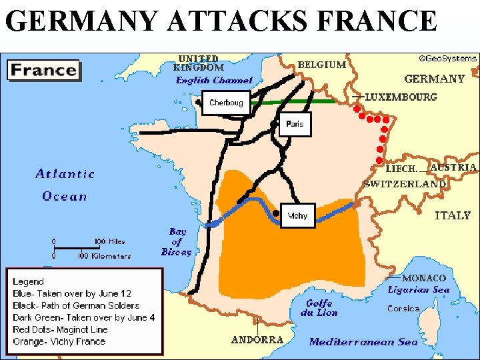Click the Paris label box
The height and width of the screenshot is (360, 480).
pyautogui.click(x=295, y=124)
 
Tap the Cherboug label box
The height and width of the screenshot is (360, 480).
pyautogui.click(x=226, y=103)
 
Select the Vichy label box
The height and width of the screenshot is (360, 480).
pyautogui.click(x=297, y=215)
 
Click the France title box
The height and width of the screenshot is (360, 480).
pyautogui.click(x=44, y=69)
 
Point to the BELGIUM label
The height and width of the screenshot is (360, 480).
pyautogui.click(x=322, y=65)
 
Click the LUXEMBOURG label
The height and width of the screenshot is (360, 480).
pyautogui.click(x=401, y=97)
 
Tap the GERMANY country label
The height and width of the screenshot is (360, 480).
pyautogui.click(x=434, y=79)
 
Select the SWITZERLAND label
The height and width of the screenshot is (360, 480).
pyautogui.click(x=405, y=183)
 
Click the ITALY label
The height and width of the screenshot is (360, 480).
pyautogui.click(x=453, y=215)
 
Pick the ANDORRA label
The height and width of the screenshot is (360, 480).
pyautogui.click(x=257, y=339)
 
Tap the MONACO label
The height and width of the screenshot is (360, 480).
pyautogui.click(x=424, y=278)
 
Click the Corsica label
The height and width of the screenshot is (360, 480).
pyautogui.click(x=403, y=309)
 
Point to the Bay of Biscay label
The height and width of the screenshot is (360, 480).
pyautogui.click(x=177, y=242)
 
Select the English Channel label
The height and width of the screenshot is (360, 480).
pyautogui.click(x=214, y=80)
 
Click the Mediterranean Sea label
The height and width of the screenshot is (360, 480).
pyautogui.click(x=363, y=342)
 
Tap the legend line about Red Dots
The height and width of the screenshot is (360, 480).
pyautogui.click(x=59, y=329)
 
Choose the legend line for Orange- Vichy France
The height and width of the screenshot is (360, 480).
pyautogui.click(x=59, y=341)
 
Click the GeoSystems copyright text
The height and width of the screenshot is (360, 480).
pyautogui.click(x=448, y=58)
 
